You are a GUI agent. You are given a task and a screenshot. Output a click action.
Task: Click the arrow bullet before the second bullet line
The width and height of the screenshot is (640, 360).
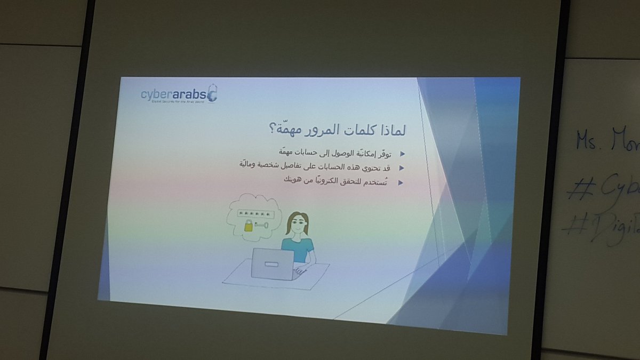pos(402,168)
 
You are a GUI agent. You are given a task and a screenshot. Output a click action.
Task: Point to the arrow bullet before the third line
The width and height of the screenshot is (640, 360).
pos(401,183)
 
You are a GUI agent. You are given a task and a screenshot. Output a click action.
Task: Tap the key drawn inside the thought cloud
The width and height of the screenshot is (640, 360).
pos(263,226)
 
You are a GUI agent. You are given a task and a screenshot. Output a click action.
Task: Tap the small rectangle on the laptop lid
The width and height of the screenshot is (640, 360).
pos(271,263)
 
